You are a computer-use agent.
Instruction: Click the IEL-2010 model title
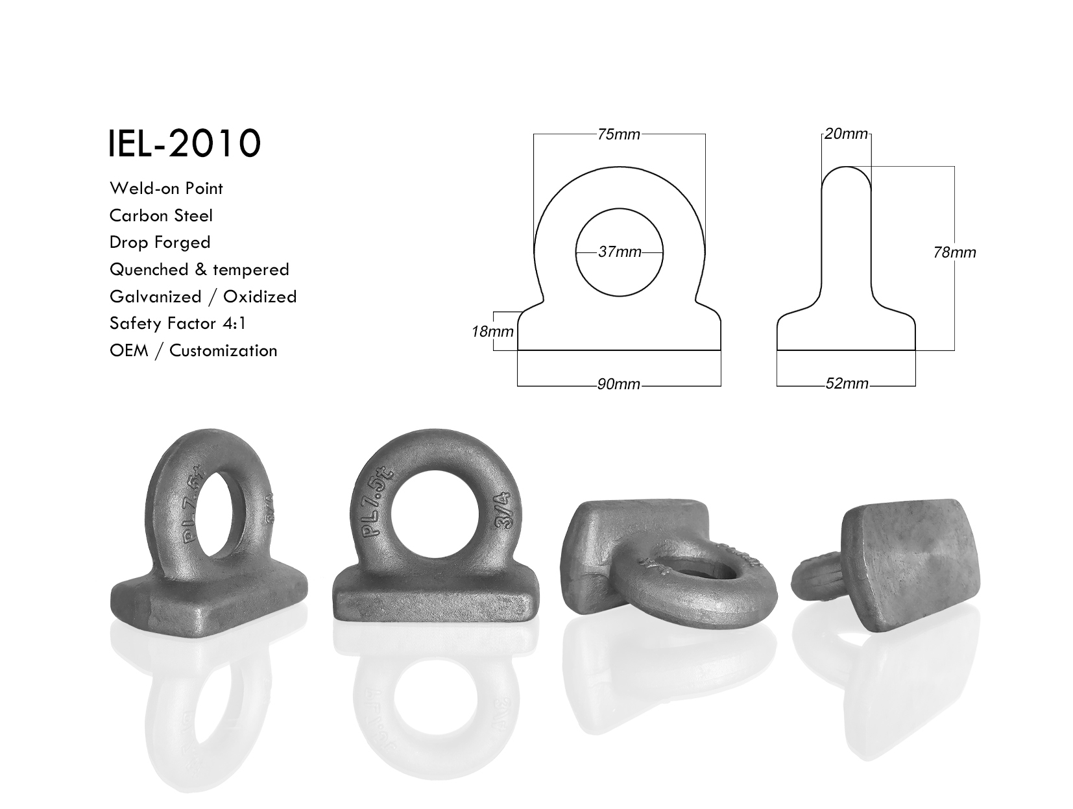184,143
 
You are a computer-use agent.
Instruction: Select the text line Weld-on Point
166,188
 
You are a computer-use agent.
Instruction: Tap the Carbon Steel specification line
162,215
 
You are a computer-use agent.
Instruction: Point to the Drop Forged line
160,243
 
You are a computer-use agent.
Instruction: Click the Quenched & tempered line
199,269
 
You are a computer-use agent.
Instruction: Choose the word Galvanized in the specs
156,296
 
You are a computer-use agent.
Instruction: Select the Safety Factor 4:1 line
178,324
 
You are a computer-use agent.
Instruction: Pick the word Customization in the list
223,351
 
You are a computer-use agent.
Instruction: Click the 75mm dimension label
618,134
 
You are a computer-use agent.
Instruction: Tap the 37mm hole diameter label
620,252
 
